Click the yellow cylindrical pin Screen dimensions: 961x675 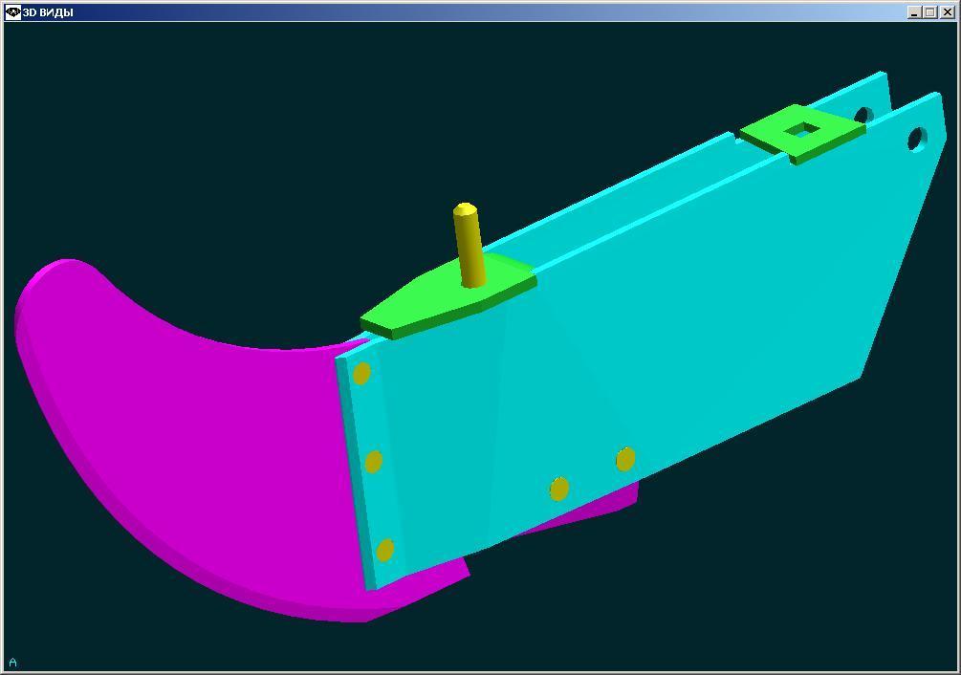click(469, 245)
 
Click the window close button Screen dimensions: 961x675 click(947, 11)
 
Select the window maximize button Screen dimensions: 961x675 click(931, 11)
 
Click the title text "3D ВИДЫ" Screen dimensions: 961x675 click(48, 12)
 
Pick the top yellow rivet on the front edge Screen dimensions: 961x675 click(361, 373)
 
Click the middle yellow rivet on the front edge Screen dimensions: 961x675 click(373, 462)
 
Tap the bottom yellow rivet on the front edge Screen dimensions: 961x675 click(385, 550)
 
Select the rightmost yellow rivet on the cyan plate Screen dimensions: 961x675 click(625, 459)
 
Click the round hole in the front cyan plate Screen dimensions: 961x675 click(917, 139)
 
